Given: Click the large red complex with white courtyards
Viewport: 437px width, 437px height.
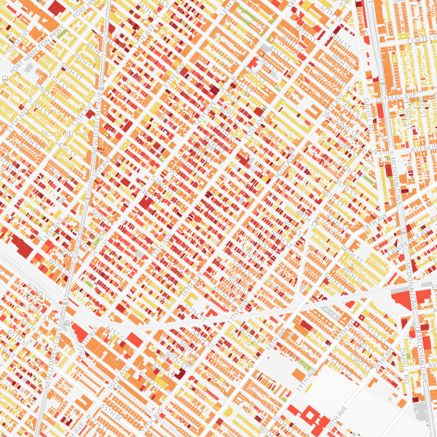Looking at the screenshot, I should [309, 418].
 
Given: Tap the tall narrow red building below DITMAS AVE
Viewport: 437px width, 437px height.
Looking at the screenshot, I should [379, 110].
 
